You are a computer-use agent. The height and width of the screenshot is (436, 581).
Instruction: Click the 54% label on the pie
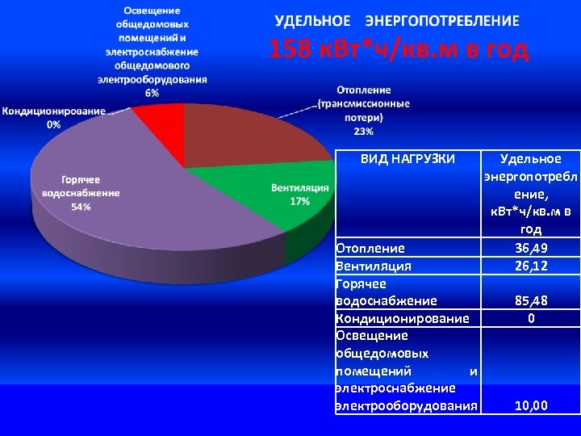tap(81, 208)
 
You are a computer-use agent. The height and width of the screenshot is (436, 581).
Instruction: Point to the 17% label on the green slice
tap(299, 201)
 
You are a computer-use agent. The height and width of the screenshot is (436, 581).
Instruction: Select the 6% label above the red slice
tap(153, 93)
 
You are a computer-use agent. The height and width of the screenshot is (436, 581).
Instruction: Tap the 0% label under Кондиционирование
tap(54, 124)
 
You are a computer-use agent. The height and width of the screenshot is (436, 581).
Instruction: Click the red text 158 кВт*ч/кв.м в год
tap(398, 50)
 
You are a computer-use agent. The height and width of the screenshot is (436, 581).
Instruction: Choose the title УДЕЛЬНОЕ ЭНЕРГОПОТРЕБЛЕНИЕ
tap(397, 20)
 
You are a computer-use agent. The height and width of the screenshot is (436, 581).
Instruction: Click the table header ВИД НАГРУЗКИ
tap(407, 159)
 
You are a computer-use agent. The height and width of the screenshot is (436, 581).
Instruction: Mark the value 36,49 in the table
tap(530, 248)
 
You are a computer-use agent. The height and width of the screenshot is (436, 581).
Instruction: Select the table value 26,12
tap(530, 266)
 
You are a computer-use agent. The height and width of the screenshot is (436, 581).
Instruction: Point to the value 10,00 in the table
tap(530, 405)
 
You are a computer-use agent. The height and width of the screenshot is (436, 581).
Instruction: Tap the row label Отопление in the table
tap(370, 248)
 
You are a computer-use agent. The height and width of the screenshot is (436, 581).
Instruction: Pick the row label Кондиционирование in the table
tap(401, 318)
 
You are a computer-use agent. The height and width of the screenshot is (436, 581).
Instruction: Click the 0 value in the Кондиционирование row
tap(530, 318)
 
